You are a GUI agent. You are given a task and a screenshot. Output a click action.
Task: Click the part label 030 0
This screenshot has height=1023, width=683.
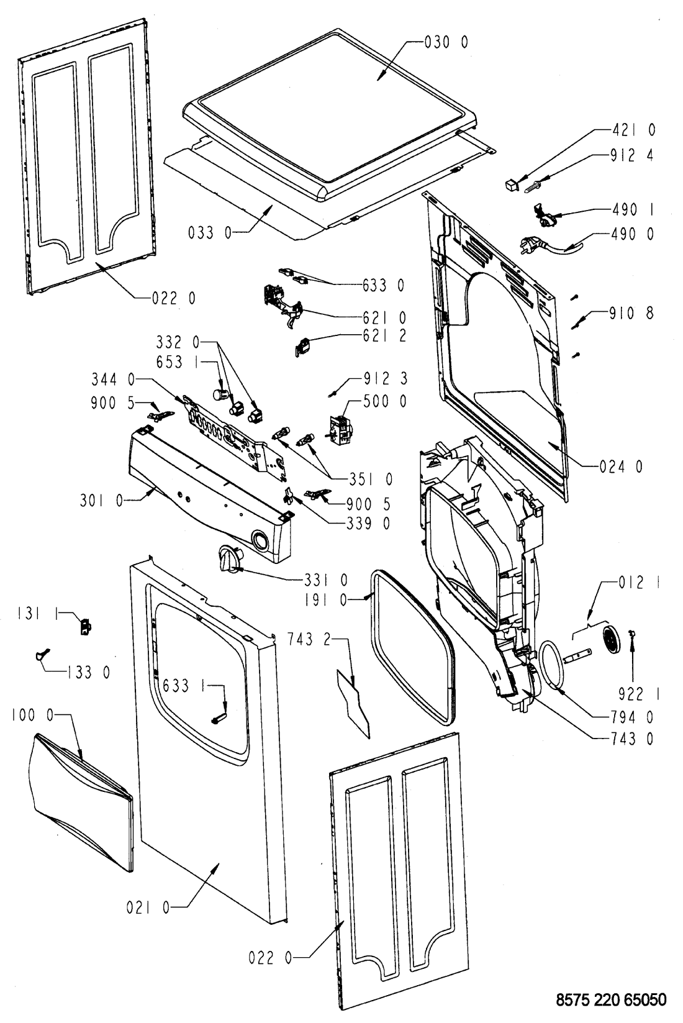click(446, 42)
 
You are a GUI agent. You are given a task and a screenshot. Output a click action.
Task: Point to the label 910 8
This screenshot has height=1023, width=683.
click(631, 313)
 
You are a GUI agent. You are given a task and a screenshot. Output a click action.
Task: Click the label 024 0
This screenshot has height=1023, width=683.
click(620, 466)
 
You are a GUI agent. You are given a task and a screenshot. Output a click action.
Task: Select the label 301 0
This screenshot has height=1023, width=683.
click(102, 501)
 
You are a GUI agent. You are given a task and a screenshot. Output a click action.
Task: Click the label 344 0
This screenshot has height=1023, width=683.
click(113, 379)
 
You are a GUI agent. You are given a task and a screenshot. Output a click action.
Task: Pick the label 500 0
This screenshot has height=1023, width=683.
click(384, 401)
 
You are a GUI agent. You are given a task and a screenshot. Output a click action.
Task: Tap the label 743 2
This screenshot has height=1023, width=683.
click(309, 640)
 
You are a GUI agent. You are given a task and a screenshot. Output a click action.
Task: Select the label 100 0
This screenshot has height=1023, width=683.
click(33, 715)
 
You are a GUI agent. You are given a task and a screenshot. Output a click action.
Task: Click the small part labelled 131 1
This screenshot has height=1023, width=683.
click(86, 627)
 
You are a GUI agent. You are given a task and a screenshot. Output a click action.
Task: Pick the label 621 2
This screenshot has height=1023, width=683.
click(384, 336)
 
